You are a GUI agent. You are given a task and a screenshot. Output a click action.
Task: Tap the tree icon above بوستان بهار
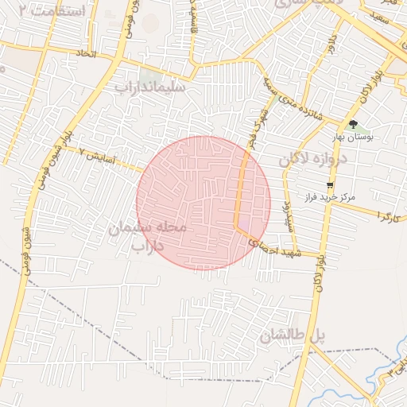(353, 124)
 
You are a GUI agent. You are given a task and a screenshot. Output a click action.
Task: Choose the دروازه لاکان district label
(314, 160)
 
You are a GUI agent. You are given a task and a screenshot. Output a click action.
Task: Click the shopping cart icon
(330, 184)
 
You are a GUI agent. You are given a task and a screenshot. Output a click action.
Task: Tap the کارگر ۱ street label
(387, 216)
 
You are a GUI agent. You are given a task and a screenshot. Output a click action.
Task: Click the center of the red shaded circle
(203, 203)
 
